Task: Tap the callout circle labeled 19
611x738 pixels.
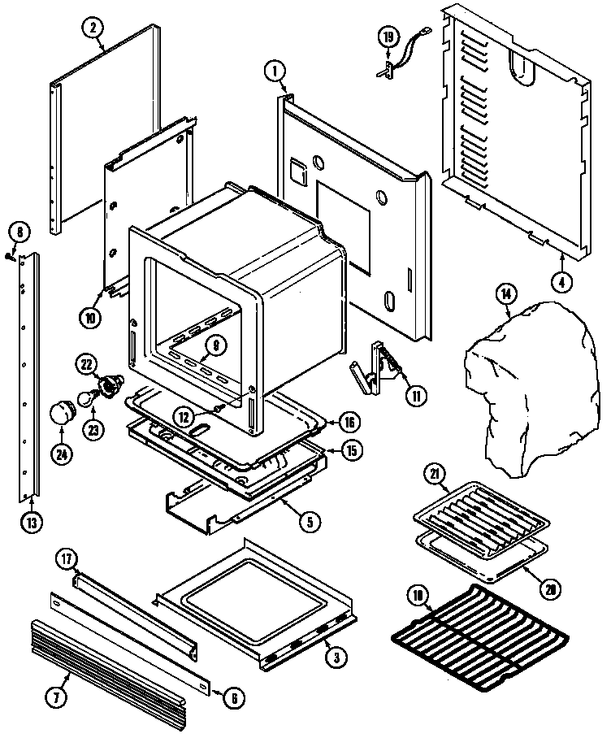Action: pyautogui.click(x=388, y=37)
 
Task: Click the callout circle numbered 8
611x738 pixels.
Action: pyautogui.click(x=21, y=232)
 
